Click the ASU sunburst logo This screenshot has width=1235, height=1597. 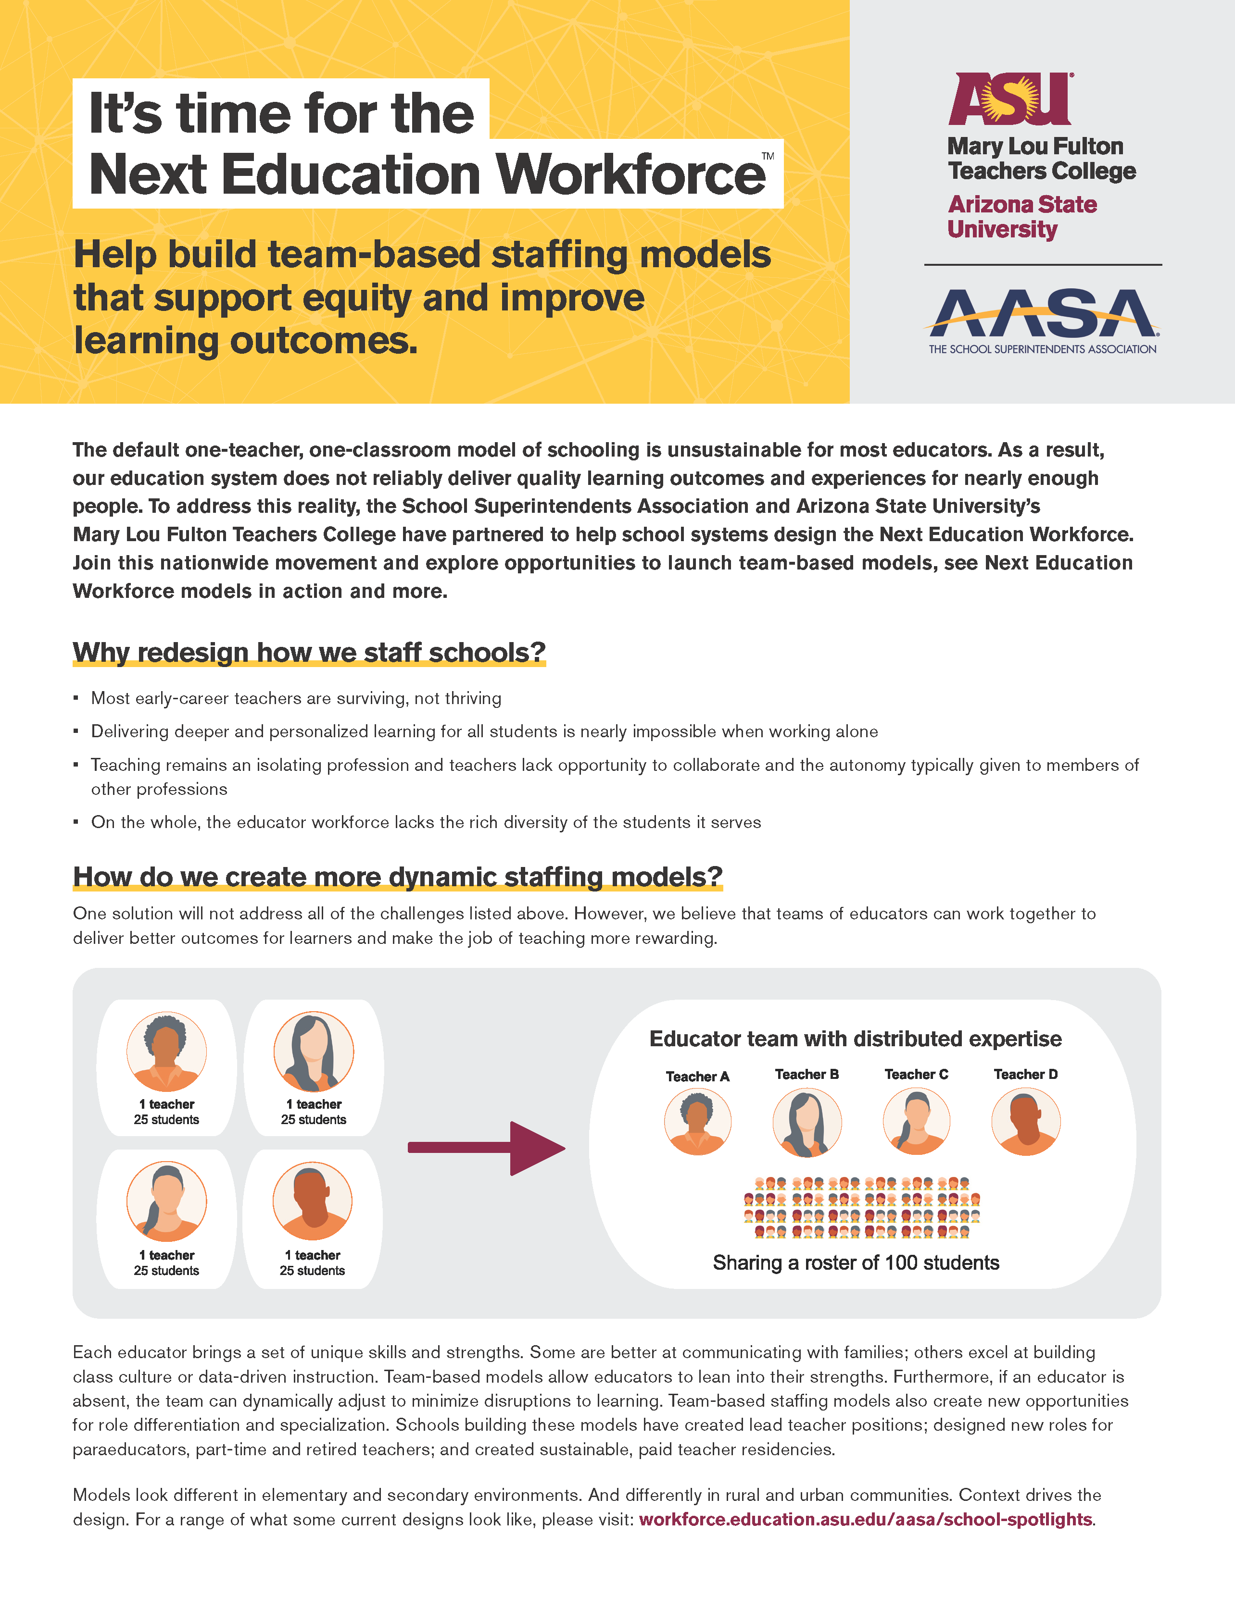coord(1009,99)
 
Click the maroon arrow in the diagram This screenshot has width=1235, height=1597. coord(487,1148)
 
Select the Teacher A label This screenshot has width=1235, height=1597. coord(697,1077)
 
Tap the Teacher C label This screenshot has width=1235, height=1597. coord(916,1074)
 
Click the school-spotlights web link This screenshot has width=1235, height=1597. coord(866,1520)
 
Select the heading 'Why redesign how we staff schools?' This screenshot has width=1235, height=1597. coord(309,652)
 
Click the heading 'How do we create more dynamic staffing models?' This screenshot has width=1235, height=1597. coord(397,877)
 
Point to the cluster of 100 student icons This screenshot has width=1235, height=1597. coord(861,1207)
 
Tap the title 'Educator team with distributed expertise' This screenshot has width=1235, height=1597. coord(855,1039)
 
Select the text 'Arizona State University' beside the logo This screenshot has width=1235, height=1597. coord(1022,216)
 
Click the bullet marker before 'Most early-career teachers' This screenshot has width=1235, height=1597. coord(76,698)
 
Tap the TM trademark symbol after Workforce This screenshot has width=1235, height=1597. coord(768,156)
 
